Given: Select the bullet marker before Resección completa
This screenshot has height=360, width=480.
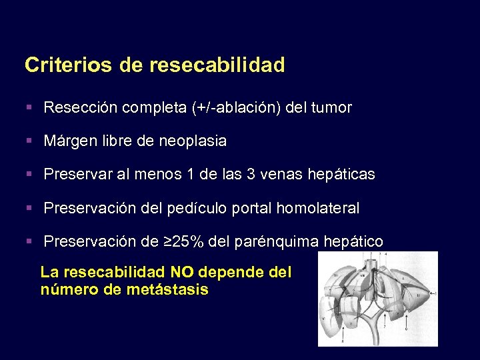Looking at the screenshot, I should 30,107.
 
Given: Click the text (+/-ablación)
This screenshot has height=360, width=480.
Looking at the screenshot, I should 235,108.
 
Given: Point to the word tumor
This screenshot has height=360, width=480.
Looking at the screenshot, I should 331,108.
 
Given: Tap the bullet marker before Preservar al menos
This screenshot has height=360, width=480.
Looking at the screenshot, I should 30,174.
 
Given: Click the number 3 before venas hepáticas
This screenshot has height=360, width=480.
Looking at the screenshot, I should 251,175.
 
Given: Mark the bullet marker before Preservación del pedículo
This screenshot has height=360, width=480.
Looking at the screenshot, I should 30,207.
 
